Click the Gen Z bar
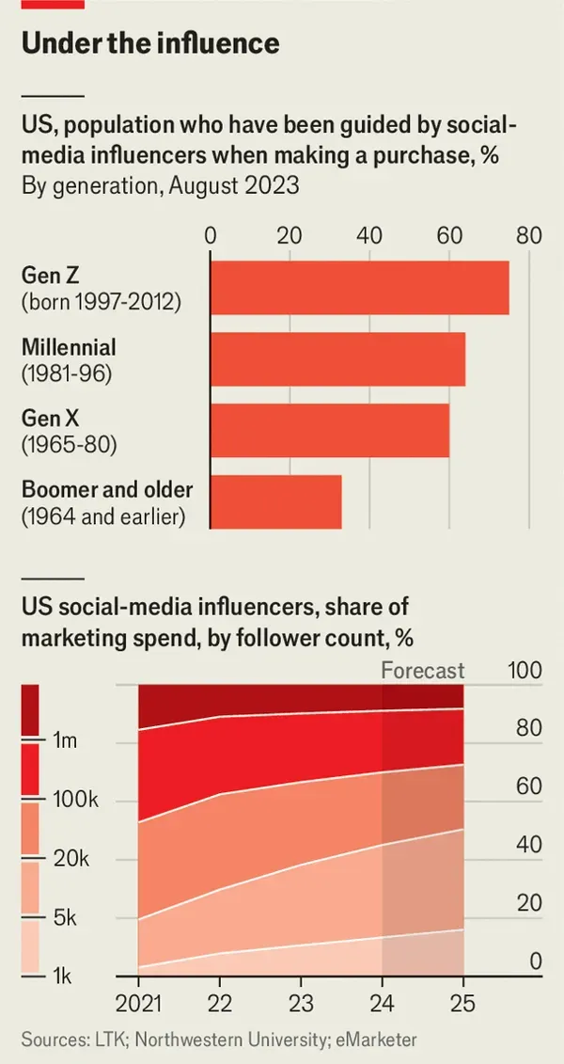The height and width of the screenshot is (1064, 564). pos(359,288)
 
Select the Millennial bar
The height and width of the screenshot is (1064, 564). pos(337,358)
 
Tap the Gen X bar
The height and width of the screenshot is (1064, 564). pos(329,430)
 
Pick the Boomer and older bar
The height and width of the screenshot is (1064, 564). pos(275,501)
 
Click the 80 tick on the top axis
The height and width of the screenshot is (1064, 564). pos(529,235)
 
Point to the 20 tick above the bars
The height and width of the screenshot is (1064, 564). pos(290,235)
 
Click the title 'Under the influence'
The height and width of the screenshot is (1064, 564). pos(150,43)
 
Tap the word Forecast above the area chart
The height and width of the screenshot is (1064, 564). pos(423,671)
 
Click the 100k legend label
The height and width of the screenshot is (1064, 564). pos(74,800)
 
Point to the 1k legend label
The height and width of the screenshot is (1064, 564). pos(64,976)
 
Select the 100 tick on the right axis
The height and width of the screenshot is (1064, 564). pos(525,671)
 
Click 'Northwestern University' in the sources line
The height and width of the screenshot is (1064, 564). pos(213,1040)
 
